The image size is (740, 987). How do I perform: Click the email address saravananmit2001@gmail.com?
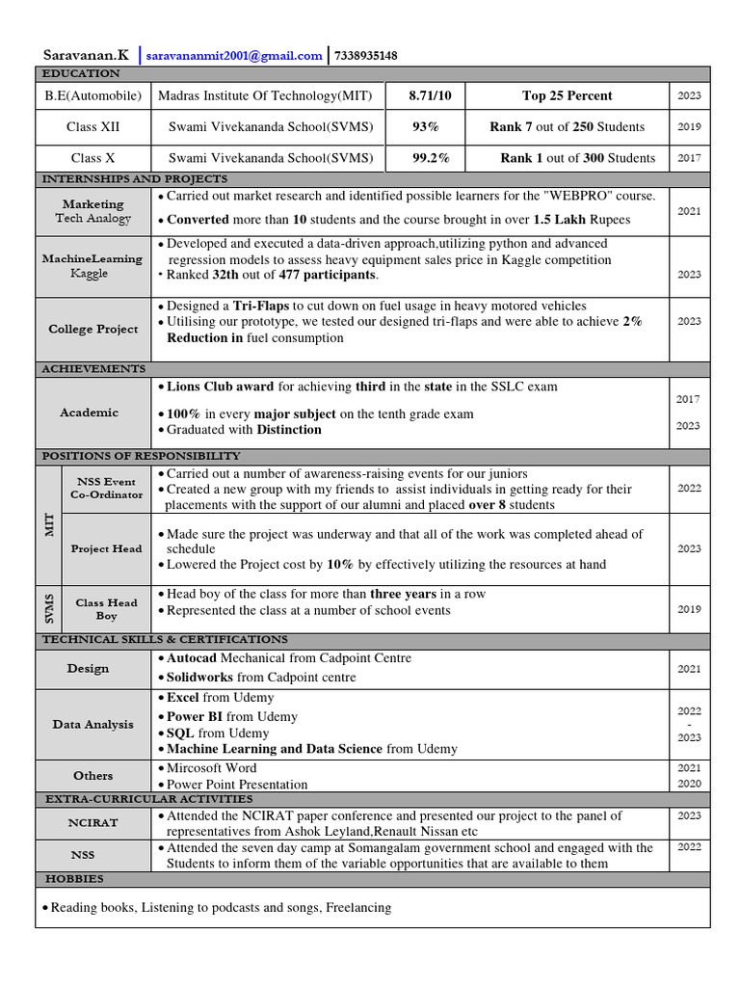[x=235, y=56]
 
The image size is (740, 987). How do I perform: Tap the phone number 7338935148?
[x=365, y=56]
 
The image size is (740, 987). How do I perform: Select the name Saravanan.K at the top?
[x=86, y=56]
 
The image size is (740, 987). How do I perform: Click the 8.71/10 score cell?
[x=423, y=95]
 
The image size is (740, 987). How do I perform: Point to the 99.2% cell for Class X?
[x=423, y=158]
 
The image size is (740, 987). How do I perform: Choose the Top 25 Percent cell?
[x=567, y=95]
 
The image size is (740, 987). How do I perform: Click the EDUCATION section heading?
[x=80, y=73]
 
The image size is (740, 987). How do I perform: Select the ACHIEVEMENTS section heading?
[x=93, y=368]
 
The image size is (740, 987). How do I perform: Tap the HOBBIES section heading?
[x=74, y=879]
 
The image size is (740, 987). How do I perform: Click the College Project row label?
[x=93, y=329]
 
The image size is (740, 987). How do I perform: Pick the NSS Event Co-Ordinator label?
[x=106, y=488]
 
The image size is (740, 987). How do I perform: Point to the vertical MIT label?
[x=49, y=525]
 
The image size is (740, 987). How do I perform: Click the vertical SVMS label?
[x=49, y=608]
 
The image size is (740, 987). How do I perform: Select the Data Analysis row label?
[x=93, y=724]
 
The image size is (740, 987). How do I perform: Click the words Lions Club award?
[x=221, y=387]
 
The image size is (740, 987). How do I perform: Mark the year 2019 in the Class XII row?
[x=689, y=126]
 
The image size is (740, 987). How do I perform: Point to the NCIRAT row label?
[x=93, y=823]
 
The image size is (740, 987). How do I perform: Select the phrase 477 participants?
[x=328, y=276]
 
